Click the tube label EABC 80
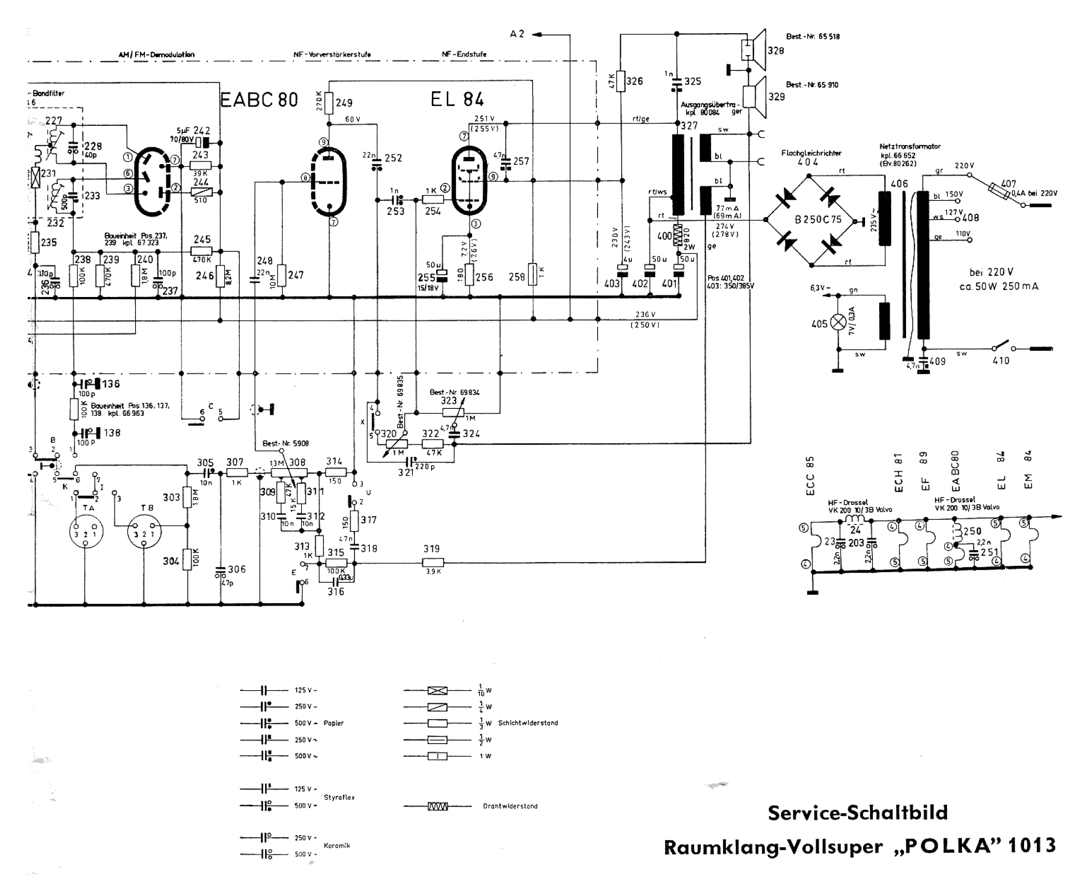pyautogui.click(x=259, y=100)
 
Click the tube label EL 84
pyautogui.click(x=457, y=100)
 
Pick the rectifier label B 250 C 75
pyautogui.click(x=818, y=220)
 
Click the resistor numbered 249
pyautogui.click(x=329, y=103)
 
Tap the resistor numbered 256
pyautogui.click(x=470, y=275)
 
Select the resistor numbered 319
pyautogui.click(x=433, y=562)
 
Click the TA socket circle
pyautogui.click(x=86, y=533)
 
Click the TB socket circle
pyautogui.click(x=144, y=533)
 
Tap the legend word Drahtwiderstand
pyautogui.click(x=510, y=806)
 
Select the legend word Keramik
pyautogui.click(x=337, y=845)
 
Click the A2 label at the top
pyautogui.click(x=517, y=34)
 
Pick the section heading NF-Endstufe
pyautogui.click(x=464, y=54)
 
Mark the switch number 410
pyautogui.click(x=1001, y=360)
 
